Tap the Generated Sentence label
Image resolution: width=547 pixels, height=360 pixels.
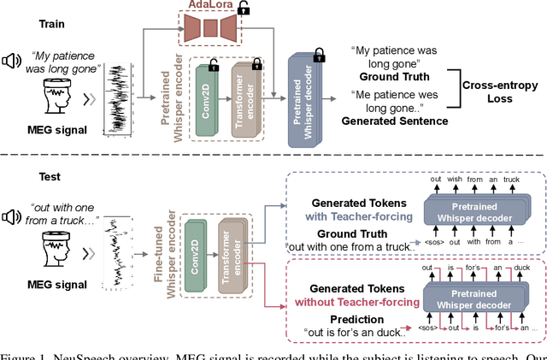tap(394, 121)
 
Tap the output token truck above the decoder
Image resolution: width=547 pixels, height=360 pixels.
tap(511, 180)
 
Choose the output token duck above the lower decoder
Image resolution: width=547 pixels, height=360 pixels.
tap(510, 267)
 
